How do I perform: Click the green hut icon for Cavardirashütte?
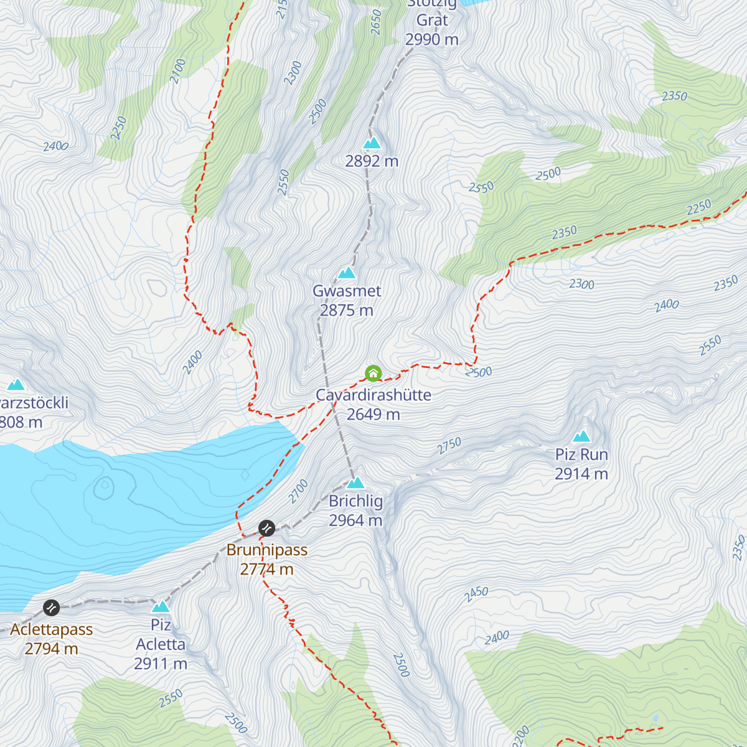click(373, 374)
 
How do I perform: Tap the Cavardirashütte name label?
click(373, 395)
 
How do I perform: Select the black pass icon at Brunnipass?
click(266, 529)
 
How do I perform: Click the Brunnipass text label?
click(267, 550)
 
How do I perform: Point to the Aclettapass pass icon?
click(51, 607)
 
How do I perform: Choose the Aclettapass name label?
click(52, 629)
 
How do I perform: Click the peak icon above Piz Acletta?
click(161, 606)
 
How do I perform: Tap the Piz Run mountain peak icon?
click(581, 436)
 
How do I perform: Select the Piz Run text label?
click(581, 454)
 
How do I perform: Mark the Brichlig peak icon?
click(355, 482)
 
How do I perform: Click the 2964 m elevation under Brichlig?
click(355, 520)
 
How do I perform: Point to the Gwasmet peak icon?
click(347, 273)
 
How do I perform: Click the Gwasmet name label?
click(347, 291)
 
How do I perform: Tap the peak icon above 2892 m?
click(372, 143)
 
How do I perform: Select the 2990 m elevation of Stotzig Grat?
click(431, 40)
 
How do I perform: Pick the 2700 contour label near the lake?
click(299, 491)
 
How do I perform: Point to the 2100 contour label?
click(178, 70)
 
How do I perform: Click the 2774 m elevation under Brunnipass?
click(266, 569)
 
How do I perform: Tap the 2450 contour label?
click(476, 594)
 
